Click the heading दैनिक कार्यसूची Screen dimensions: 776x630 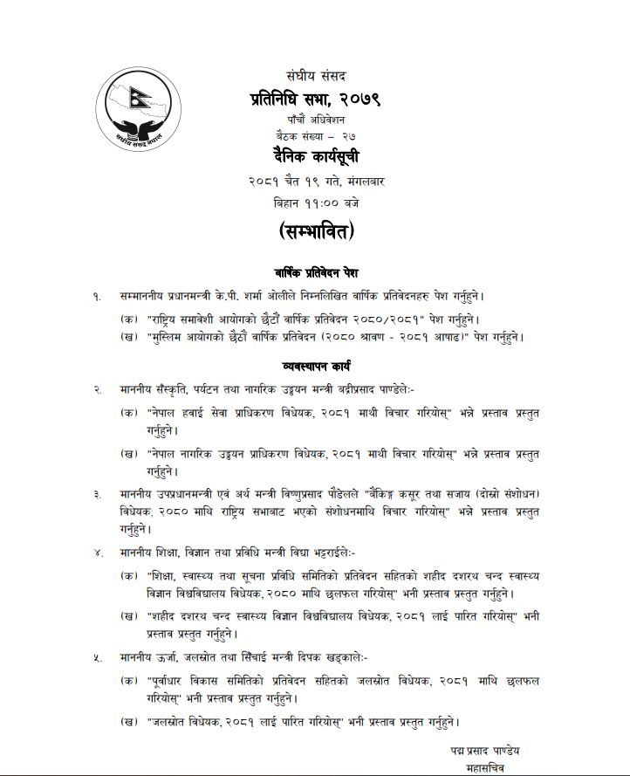click(x=314, y=159)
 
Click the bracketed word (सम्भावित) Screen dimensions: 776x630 click(x=314, y=234)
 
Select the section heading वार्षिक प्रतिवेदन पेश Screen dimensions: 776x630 click(x=315, y=273)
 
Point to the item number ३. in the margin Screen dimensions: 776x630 click(x=98, y=495)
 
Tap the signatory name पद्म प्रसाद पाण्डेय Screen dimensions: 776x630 click(x=486, y=751)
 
